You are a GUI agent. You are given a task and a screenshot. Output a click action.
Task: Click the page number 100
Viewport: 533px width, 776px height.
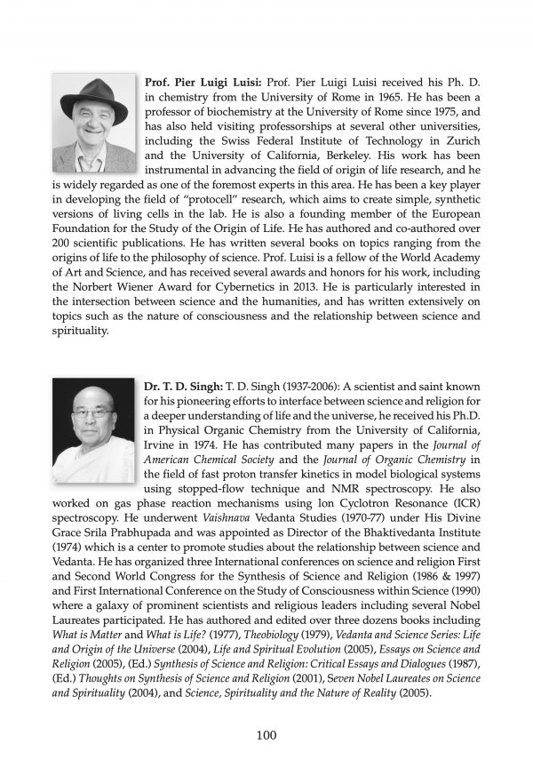266,735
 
